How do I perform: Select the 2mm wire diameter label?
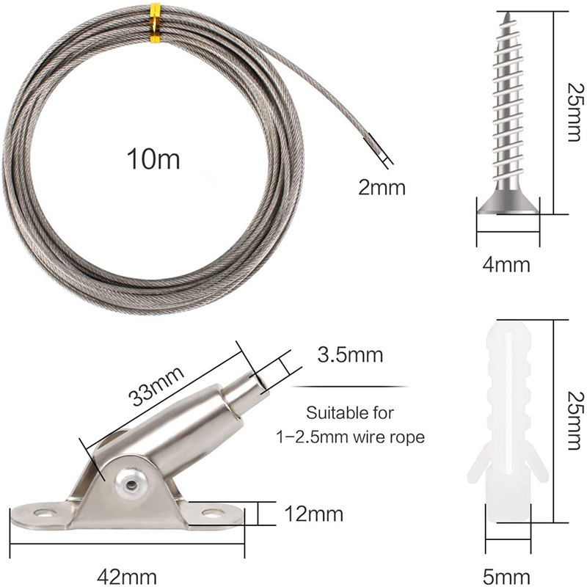tap(381, 187)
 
